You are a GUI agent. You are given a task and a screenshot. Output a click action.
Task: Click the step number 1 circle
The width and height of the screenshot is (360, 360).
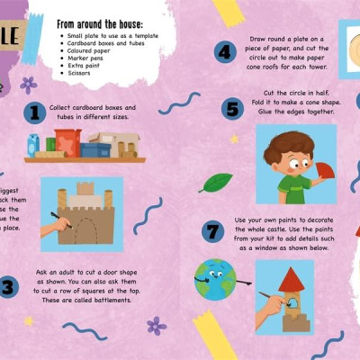35,112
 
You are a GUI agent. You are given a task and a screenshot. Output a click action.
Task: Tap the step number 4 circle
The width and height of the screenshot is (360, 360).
225,52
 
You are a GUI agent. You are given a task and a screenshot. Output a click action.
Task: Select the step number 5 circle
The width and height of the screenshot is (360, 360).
233,110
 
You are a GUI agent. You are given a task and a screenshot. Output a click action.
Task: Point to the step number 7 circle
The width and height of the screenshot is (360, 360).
212,231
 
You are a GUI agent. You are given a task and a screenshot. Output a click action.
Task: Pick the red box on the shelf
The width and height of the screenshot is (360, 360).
67,141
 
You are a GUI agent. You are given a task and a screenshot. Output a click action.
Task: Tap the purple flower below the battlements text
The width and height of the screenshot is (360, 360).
157,325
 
